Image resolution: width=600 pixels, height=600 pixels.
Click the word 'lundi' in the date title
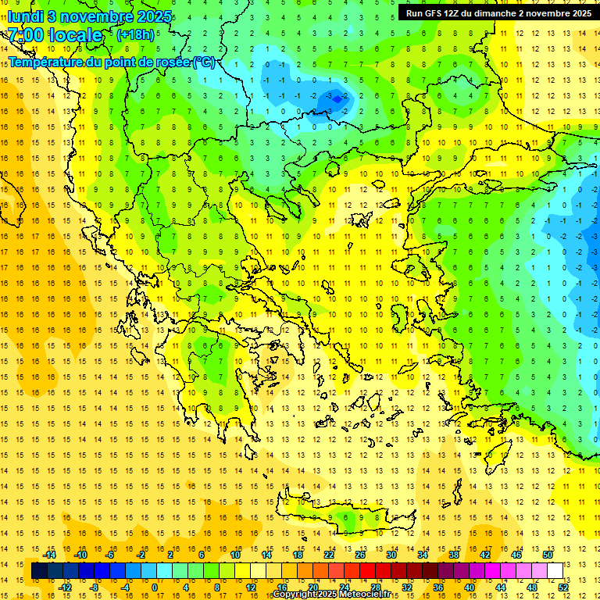[25, 16]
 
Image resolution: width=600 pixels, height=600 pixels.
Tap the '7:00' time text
[26, 35]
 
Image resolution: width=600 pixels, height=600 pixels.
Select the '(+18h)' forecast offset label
[134, 35]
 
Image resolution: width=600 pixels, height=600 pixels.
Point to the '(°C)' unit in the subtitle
[203, 62]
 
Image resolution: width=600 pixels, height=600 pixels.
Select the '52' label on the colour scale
[564, 587]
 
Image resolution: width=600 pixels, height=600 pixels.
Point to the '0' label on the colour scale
[154, 587]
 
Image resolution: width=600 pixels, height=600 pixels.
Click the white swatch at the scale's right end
[555, 570]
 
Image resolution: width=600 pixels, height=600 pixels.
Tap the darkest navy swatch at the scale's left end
[39, 570]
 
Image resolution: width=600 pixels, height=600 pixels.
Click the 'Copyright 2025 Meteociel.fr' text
[331, 595]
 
